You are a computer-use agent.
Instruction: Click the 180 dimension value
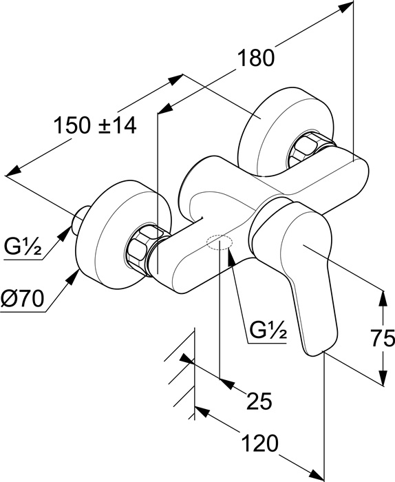(x=255, y=58)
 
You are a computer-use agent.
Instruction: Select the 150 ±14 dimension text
(x=95, y=125)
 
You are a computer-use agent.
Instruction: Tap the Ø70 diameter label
(x=22, y=299)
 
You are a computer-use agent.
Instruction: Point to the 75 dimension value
(x=383, y=338)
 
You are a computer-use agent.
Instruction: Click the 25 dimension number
(x=259, y=401)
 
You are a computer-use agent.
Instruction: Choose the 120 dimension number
(x=260, y=443)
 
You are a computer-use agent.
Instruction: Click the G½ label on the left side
(x=23, y=247)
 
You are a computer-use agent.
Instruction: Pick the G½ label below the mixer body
(x=268, y=330)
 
